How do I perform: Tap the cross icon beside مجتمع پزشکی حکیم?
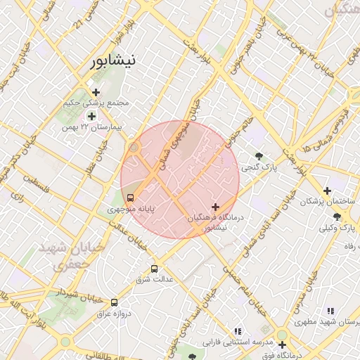click(96, 92)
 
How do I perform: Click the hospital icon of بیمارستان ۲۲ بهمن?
click(91, 115)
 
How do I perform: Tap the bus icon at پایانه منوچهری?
click(130, 198)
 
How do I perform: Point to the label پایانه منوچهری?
click(130, 209)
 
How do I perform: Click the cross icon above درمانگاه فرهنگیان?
click(214, 207)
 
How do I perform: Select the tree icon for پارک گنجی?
click(260, 157)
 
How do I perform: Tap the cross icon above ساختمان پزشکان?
click(326, 191)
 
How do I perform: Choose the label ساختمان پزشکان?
click(324, 202)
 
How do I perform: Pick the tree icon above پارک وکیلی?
click(337, 217)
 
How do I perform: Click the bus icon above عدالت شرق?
click(155, 269)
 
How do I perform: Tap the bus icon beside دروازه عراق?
click(114, 302)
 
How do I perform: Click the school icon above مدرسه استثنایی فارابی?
click(238, 330)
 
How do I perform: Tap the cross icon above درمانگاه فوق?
click(282, 345)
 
